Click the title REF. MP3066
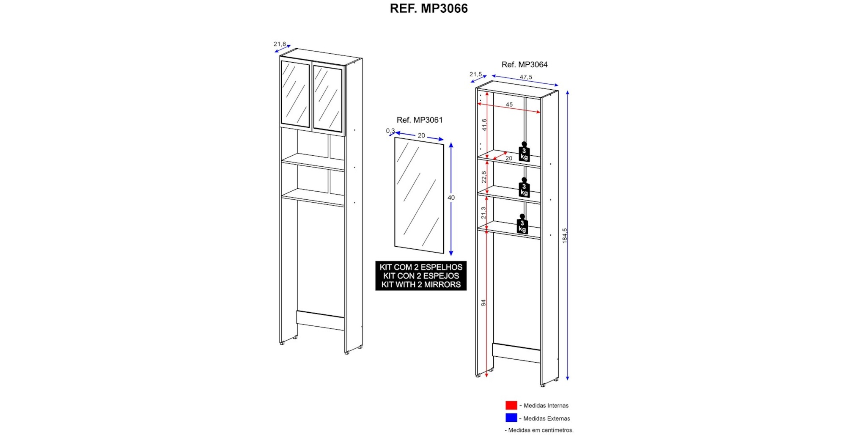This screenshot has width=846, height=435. click(x=428, y=8)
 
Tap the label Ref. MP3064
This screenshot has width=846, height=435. click(x=525, y=65)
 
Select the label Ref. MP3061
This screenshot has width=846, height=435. click(x=420, y=120)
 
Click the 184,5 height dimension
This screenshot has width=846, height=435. click(x=565, y=235)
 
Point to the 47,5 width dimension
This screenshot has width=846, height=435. click(x=526, y=77)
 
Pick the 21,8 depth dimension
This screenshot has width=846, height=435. click(x=280, y=44)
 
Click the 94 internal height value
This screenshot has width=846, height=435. click(x=483, y=303)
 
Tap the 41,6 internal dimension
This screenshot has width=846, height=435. click(x=484, y=125)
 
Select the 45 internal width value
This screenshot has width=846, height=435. click(x=509, y=105)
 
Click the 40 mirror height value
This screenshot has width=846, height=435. click(x=451, y=198)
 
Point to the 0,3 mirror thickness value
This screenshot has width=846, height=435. click(x=390, y=131)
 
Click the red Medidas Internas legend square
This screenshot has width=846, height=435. click(x=511, y=405)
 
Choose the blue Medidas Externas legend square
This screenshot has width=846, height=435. click(x=511, y=418)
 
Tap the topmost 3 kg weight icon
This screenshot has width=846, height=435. click(x=524, y=152)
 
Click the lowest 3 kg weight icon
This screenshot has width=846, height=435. click(x=522, y=224)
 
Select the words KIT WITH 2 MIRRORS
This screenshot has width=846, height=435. click(x=421, y=285)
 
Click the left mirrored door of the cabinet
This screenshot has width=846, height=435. click(x=295, y=94)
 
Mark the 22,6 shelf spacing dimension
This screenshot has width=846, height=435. click(x=484, y=177)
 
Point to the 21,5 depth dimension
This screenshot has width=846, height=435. click(x=476, y=74)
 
